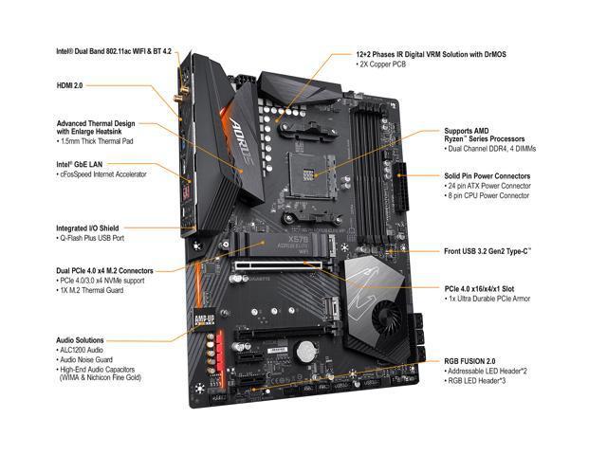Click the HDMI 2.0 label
[69, 85]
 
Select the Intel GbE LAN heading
[80, 164]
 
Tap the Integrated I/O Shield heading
[87, 228]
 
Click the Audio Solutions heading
[80, 340]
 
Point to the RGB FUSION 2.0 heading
[469, 361]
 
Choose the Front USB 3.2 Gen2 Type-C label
[487, 251]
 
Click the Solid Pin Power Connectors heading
[487, 176]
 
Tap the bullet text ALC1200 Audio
[82, 350]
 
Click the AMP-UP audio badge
[205, 319]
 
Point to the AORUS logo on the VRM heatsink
[242, 141]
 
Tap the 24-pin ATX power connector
[400, 187]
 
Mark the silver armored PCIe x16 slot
[278, 265]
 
